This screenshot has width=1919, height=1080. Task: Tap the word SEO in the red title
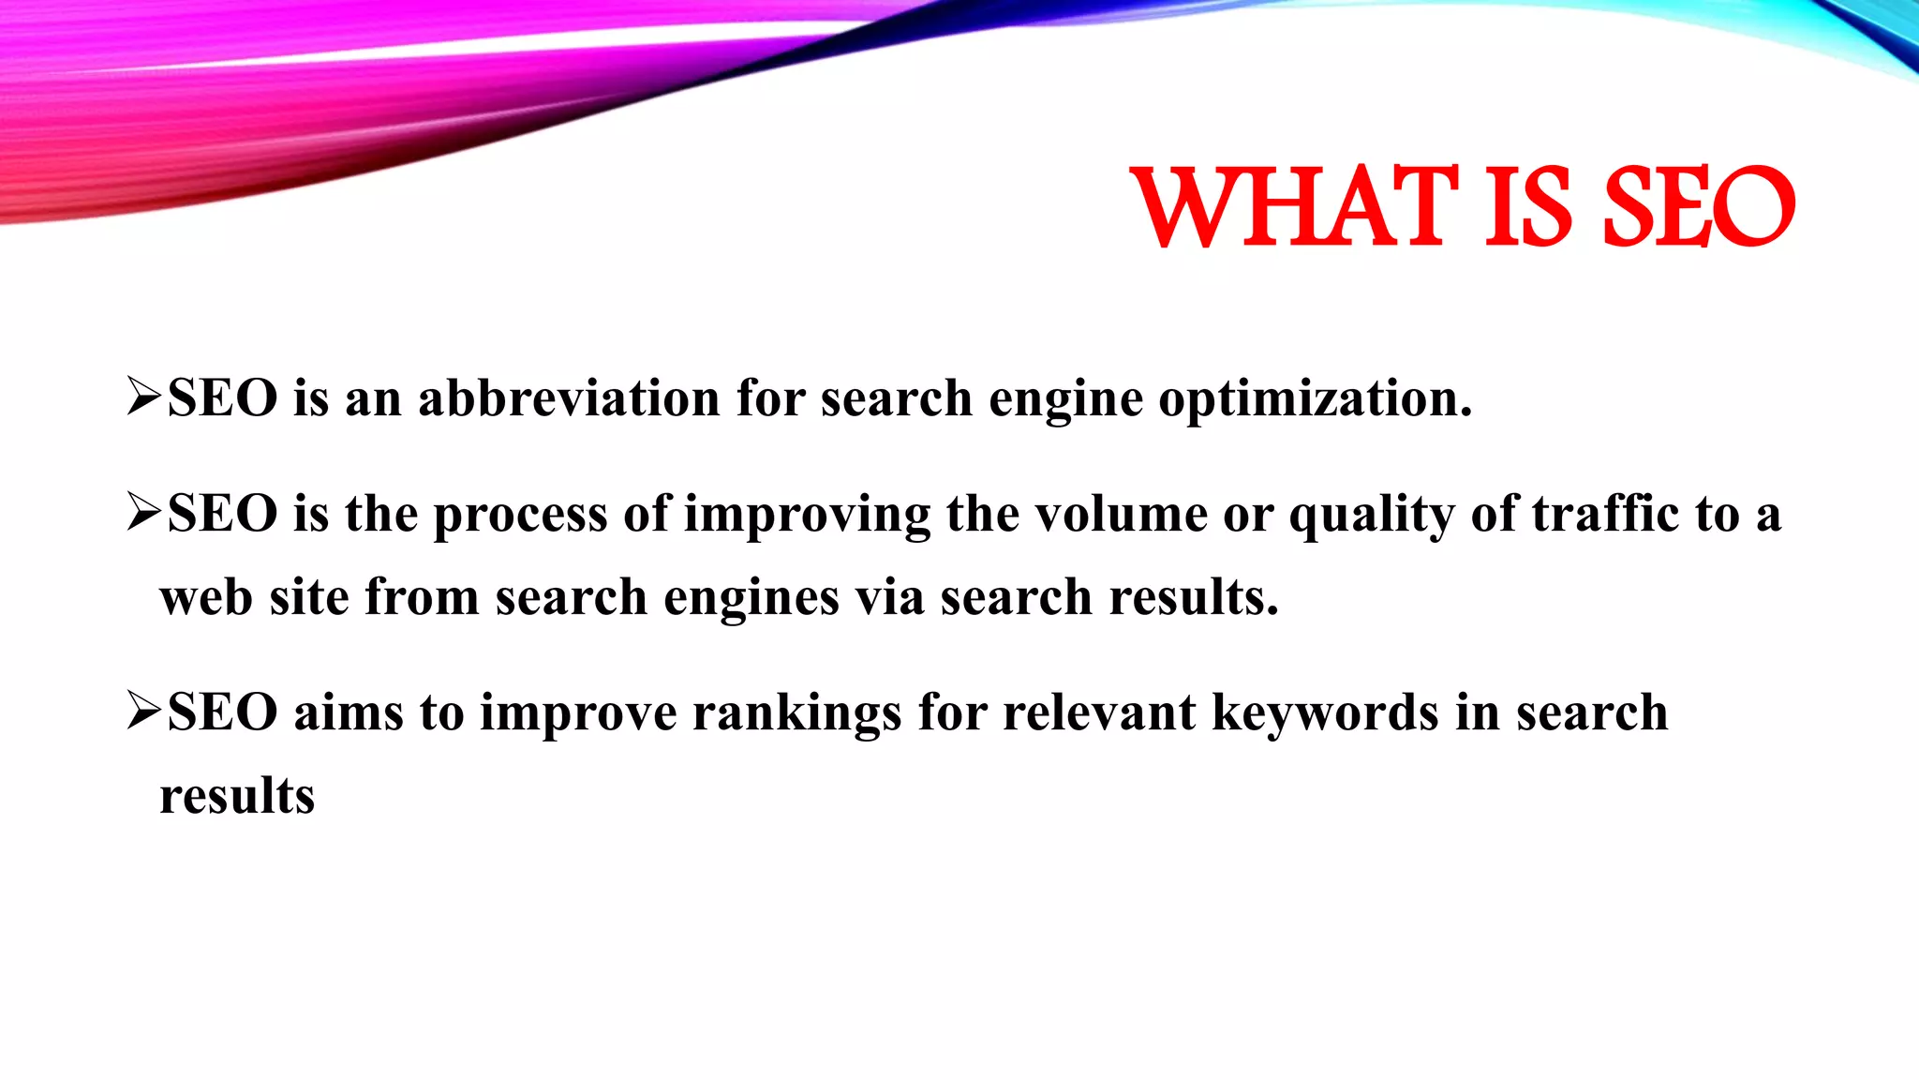[1698, 207]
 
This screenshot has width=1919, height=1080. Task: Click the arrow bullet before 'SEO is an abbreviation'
[145, 397]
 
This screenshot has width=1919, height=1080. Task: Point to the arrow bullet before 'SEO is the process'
[145, 513]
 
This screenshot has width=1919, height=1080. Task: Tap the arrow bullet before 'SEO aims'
[145, 712]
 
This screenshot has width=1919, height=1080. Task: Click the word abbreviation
[569, 397]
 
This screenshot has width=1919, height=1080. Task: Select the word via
[889, 597]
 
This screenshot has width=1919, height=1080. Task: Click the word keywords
[1325, 712]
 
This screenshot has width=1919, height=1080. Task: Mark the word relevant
[1099, 712]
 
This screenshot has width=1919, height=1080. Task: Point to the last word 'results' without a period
[237, 796]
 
